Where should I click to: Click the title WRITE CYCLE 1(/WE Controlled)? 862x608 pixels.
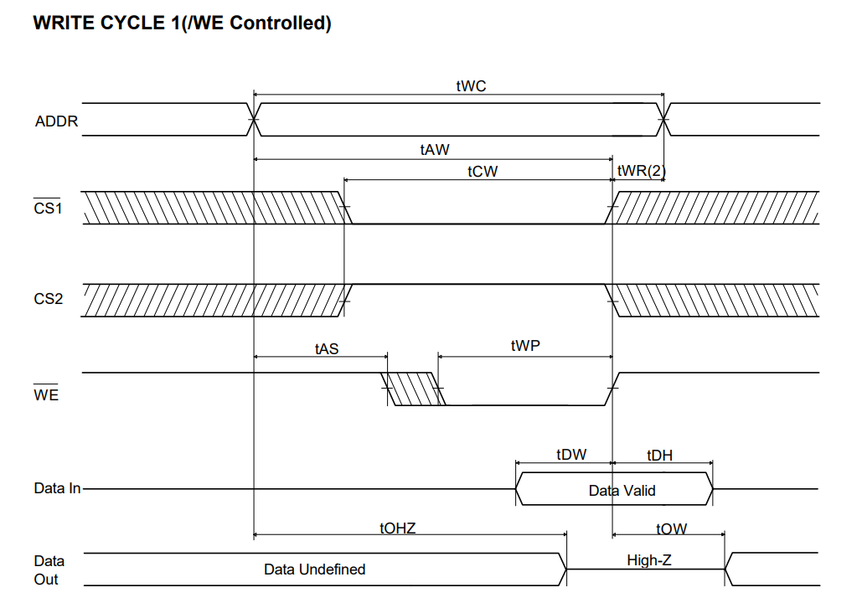(182, 23)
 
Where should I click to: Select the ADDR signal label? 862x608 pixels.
(56, 121)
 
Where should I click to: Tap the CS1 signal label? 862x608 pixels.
(48, 209)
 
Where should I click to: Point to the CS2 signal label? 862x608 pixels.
(48, 299)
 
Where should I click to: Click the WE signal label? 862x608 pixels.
(46, 394)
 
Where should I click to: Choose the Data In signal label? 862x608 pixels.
(57, 488)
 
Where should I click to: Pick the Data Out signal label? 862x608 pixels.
(49, 569)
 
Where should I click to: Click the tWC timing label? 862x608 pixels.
(471, 86)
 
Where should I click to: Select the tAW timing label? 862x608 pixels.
(435, 150)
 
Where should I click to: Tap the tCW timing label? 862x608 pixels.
(483, 171)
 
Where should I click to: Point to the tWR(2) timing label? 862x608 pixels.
(641, 171)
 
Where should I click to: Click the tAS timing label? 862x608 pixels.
(327, 348)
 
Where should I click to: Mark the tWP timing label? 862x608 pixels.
(525, 346)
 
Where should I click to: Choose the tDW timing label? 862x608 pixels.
(571, 455)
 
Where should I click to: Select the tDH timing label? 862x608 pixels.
(659, 455)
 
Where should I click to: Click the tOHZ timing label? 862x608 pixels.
(397, 528)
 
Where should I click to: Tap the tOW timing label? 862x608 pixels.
(671, 528)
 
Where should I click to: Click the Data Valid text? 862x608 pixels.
(622, 490)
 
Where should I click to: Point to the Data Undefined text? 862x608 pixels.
(314, 569)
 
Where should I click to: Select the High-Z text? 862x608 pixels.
(648, 559)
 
